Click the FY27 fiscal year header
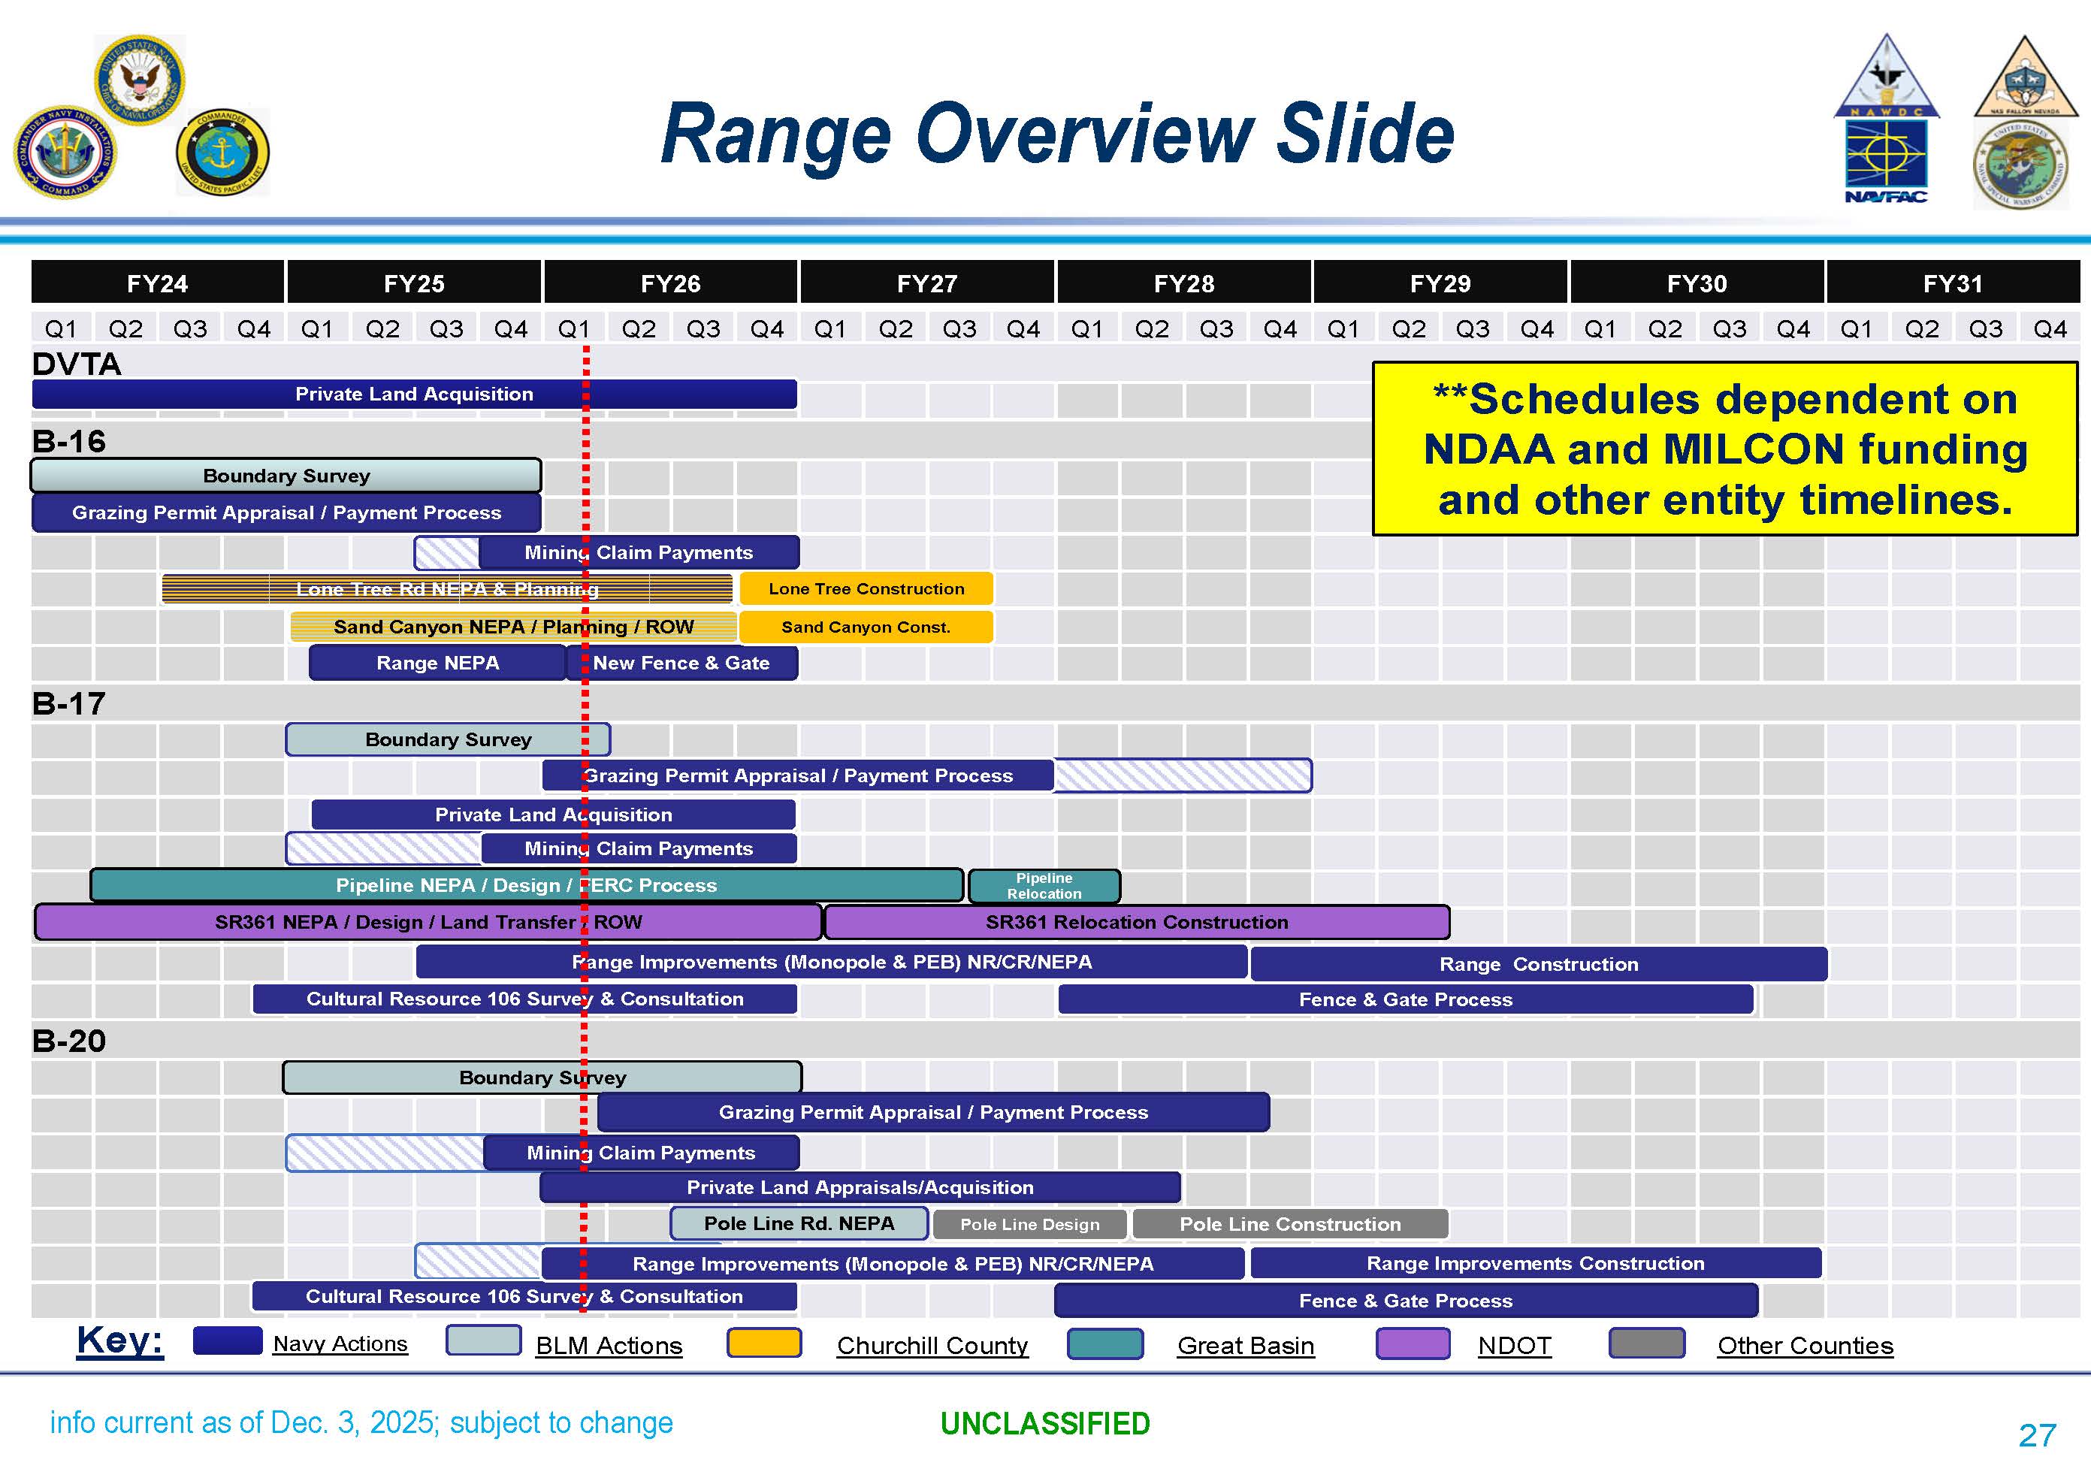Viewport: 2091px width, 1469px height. coord(927,283)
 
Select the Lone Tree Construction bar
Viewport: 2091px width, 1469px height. coord(866,588)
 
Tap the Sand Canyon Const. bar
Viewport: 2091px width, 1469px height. coord(866,627)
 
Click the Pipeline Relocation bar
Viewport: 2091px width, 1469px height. coord(1044,885)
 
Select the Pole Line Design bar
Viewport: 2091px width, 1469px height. coord(1029,1224)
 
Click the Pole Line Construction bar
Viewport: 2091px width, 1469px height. coord(1289,1224)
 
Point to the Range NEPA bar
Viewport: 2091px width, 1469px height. coord(437,663)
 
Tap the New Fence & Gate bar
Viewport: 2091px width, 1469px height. coord(681,663)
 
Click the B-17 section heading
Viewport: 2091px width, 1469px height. coord(69,703)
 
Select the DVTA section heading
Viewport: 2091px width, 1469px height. coord(77,364)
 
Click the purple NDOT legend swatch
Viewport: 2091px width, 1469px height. coord(1413,1344)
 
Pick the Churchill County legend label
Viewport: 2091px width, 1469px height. coord(932,1345)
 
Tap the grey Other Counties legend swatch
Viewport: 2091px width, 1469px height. coord(1646,1344)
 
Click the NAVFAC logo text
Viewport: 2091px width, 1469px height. coord(1885,197)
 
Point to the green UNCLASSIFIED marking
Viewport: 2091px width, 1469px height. coord(1044,1423)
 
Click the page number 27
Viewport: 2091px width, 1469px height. coord(2036,1435)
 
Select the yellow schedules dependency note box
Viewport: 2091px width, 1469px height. coord(1724,449)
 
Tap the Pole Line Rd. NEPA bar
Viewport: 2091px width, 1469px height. coord(799,1223)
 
